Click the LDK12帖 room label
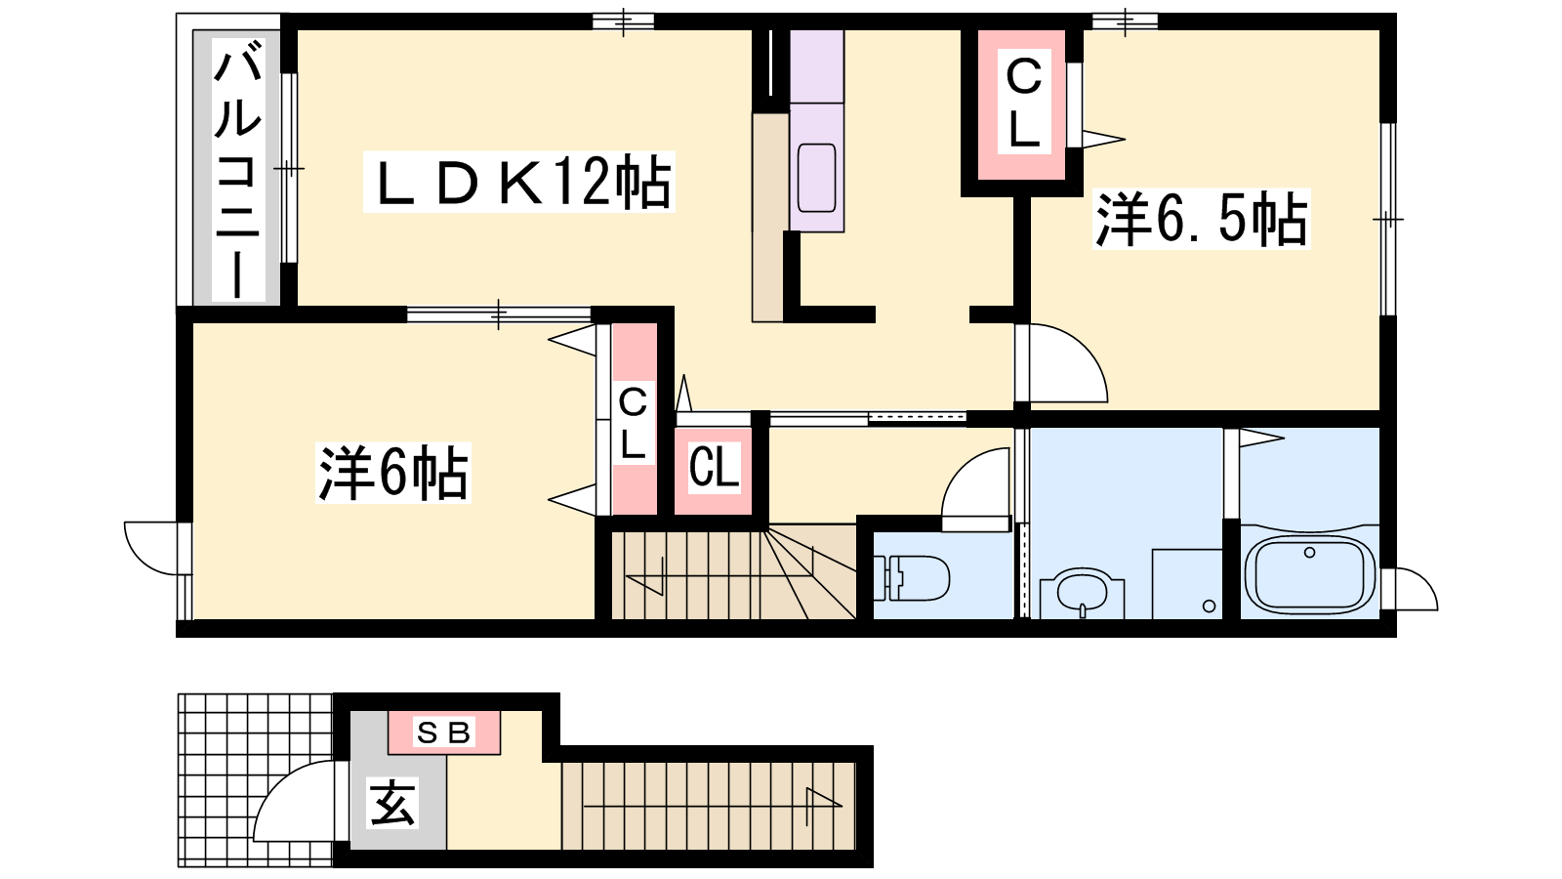(518, 182)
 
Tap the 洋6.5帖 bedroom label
(1201, 219)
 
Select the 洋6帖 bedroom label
(393, 473)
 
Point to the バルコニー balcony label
(238, 170)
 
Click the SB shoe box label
(443, 732)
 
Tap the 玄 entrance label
(392, 803)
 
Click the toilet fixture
(911, 578)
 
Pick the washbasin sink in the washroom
(1082, 594)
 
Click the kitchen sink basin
(816, 177)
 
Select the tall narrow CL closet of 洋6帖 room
(634, 419)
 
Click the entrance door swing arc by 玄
(295, 801)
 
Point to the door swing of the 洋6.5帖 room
(1061, 363)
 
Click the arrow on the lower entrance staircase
(713, 806)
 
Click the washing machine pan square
(1187, 584)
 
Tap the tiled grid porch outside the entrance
(255, 780)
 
